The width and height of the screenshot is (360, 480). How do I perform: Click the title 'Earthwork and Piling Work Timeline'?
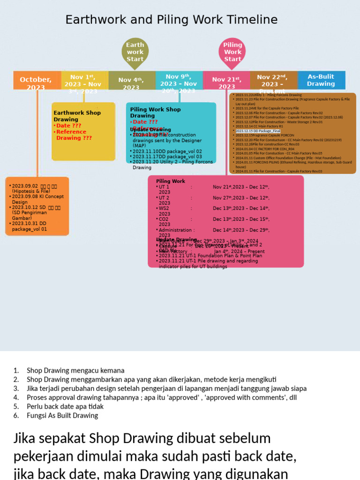pyautogui.click(x=171, y=20)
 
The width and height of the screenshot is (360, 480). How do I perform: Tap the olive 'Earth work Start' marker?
pyautogui.click(x=135, y=52)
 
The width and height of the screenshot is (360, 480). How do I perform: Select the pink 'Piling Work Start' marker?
pyautogui.click(x=232, y=52)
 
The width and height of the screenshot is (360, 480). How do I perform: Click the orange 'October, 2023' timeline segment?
pyautogui.click(x=36, y=81)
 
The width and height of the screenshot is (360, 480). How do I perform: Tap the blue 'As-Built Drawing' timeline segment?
pyautogui.click(x=321, y=80)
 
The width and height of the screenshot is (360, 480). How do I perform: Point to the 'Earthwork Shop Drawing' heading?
pyautogui.click(x=77, y=116)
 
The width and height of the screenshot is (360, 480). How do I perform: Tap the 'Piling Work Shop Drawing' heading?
pyautogui.click(x=155, y=112)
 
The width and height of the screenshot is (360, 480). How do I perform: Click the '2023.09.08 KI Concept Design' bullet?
pyautogui.click(x=38, y=199)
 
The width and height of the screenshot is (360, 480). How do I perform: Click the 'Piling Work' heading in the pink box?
pyautogui.click(x=171, y=181)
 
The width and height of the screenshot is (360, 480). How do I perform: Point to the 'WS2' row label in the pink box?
pyautogui.click(x=164, y=208)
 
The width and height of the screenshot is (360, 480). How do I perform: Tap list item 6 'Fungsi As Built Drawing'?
pyautogui.click(x=62, y=415)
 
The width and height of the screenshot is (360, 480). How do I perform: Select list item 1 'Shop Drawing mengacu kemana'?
pyautogui.click(x=75, y=370)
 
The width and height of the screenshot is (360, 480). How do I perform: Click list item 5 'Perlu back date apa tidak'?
pyautogui.click(x=65, y=406)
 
